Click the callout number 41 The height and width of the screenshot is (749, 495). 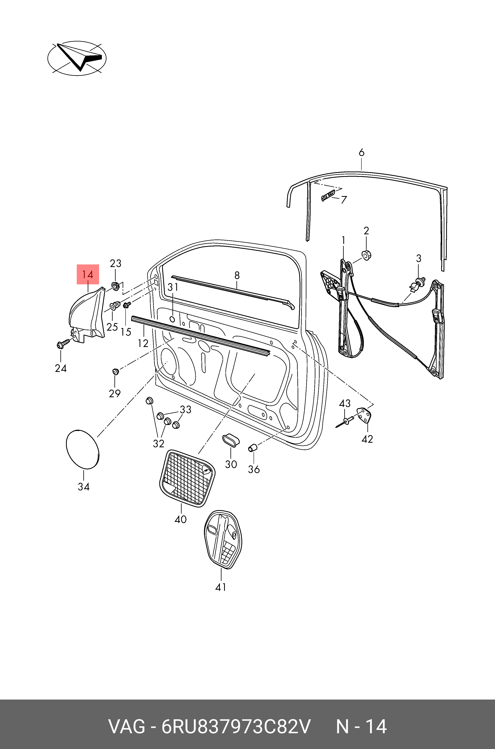(x=221, y=587)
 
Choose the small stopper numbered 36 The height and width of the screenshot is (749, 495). (x=253, y=447)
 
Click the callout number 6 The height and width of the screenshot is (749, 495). (x=361, y=153)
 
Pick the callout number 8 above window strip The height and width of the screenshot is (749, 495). (x=237, y=275)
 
